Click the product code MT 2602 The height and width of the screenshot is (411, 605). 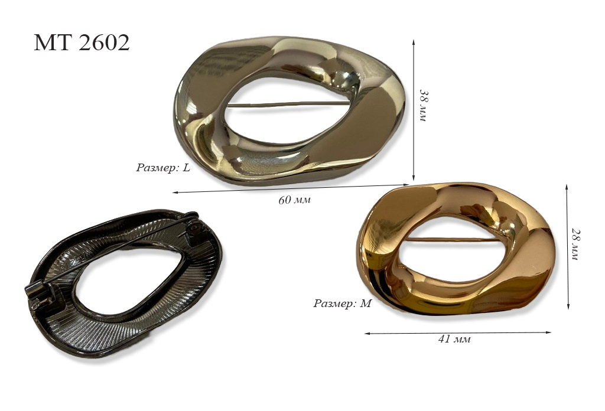(x=82, y=43)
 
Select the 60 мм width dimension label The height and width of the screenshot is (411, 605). (x=294, y=200)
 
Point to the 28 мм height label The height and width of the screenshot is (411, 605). (x=574, y=243)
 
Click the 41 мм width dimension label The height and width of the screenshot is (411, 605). (x=454, y=340)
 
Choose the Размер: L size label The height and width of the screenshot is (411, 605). (x=163, y=168)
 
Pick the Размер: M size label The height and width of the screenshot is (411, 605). (x=342, y=304)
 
